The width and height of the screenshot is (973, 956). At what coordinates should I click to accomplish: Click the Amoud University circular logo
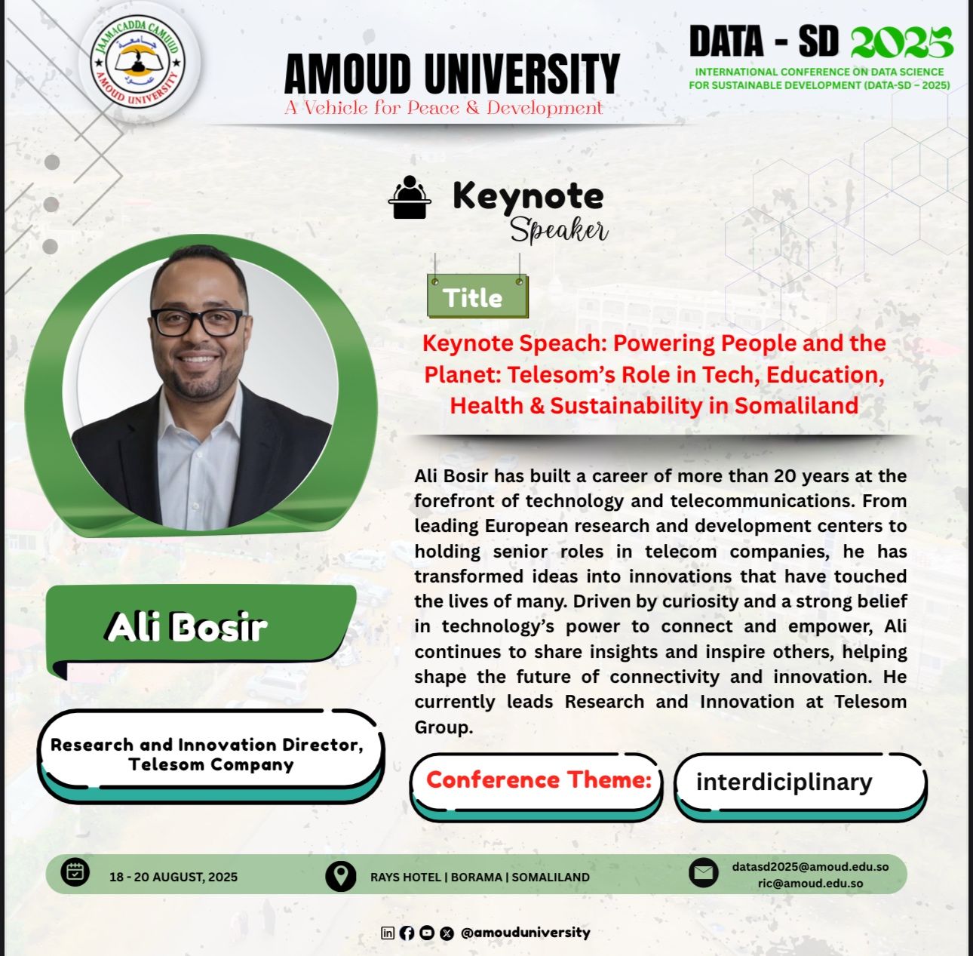pos(138,63)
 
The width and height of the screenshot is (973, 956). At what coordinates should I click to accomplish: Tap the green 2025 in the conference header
pos(902,42)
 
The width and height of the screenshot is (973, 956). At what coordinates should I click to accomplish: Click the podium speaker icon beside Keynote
pos(410,197)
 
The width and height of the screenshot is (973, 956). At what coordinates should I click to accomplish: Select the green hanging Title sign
pos(477,296)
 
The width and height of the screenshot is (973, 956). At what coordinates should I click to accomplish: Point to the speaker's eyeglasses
pos(198,322)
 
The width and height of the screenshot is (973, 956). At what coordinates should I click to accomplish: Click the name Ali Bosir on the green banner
pos(186,627)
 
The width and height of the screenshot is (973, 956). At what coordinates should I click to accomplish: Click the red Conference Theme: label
pos(539,779)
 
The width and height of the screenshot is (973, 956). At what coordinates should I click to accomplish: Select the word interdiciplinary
pos(784,782)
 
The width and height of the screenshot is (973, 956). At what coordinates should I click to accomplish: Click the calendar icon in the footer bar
pos(75,872)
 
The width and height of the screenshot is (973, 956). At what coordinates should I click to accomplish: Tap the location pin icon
pos(340,876)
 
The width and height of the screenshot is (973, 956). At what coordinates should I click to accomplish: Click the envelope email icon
pos(704,873)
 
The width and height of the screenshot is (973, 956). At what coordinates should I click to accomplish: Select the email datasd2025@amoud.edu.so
pos(810,866)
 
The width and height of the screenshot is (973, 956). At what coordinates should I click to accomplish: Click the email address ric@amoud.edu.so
pos(810,884)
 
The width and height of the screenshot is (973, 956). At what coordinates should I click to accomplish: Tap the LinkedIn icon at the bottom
pos(387,933)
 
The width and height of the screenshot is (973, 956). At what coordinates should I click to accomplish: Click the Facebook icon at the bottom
pos(407,933)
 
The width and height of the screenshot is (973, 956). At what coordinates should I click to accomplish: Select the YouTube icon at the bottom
pos(427,933)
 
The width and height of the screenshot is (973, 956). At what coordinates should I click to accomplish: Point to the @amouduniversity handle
pos(525,933)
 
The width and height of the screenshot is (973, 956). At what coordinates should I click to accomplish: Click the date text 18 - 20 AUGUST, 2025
pos(173,877)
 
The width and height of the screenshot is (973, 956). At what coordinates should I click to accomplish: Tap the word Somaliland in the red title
pos(797,405)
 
